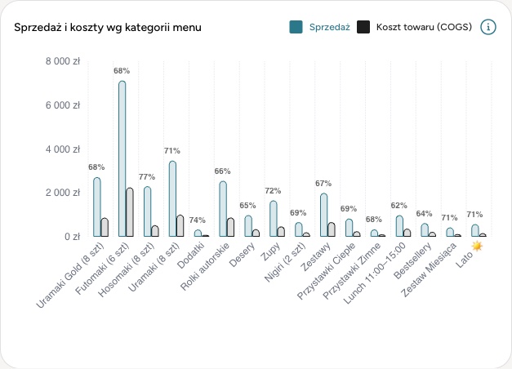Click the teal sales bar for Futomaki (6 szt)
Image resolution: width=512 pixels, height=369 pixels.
click(x=122, y=158)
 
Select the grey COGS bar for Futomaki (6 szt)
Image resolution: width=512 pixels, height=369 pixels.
click(x=130, y=212)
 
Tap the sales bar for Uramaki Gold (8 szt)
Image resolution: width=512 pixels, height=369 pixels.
click(x=96, y=207)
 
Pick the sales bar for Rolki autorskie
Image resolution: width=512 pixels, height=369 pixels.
click(x=223, y=209)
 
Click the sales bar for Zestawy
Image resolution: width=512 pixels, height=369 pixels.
click(x=324, y=215)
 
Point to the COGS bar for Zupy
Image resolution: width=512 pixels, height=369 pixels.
click(x=281, y=232)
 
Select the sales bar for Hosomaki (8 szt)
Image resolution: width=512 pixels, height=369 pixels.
click(x=147, y=211)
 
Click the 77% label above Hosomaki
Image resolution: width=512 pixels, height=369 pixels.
click(x=147, y=177)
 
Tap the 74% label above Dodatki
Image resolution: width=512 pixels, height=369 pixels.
click(x=198, y=220)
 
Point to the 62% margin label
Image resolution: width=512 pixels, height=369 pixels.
click(x=399, y=206)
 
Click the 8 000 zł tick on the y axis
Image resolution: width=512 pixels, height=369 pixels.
click(x=63, y=61)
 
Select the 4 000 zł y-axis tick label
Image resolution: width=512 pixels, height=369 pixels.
click(x=63, y=149)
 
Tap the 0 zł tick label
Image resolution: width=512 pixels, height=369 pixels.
click(x=72, y=237)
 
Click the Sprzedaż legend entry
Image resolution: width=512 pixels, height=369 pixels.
click(x=319, y=27)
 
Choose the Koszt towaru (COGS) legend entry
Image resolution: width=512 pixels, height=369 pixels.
click(x=414, y=27)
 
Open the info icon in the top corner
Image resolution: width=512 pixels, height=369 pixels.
click(x=488, y=27)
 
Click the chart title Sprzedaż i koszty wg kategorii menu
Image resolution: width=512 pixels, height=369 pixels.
click(x=108, y=28)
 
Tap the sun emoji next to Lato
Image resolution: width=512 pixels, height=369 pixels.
click(x=477, y=246)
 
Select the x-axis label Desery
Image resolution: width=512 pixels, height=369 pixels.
click(x=242, y=255)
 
